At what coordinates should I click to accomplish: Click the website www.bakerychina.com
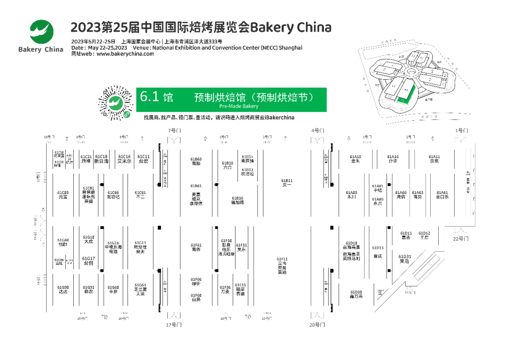125,54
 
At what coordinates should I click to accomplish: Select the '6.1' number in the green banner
149,97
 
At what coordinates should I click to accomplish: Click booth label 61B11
287,183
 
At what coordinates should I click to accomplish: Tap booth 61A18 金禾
355,159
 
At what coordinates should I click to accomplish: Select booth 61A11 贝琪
434,159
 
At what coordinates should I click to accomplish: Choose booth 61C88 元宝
63,195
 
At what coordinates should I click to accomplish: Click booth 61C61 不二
140,195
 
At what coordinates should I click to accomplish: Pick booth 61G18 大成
88,239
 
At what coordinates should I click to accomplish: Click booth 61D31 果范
405,259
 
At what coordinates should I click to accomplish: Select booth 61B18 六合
228,165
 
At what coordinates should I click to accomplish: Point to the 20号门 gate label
317,325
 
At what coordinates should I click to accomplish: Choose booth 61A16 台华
393,159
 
